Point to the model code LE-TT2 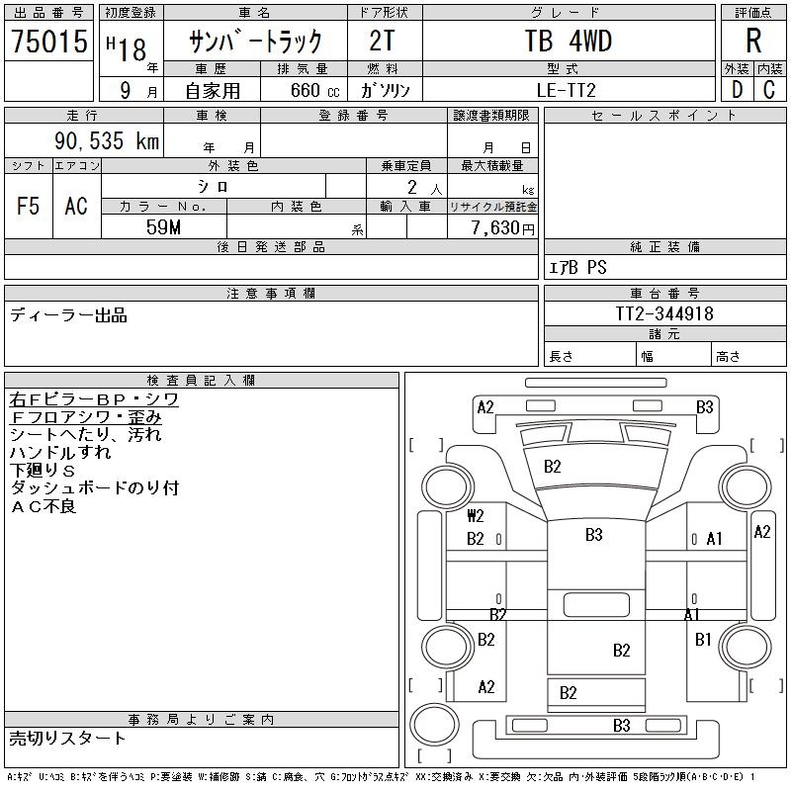coord(568,90)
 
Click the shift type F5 coord(29,206)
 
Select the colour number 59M coord(164,226)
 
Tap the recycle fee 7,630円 coord(504,228)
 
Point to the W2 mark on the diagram coord(476,516)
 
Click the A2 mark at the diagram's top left coord(485,406)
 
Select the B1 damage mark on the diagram coord(703,640)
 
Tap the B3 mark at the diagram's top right coord(704,406)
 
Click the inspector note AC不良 coord(43,506)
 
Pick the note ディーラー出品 coord(68,315)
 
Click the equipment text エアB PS coord(578,267)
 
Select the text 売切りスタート coord(68,738)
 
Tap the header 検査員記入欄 coord(202,380)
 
